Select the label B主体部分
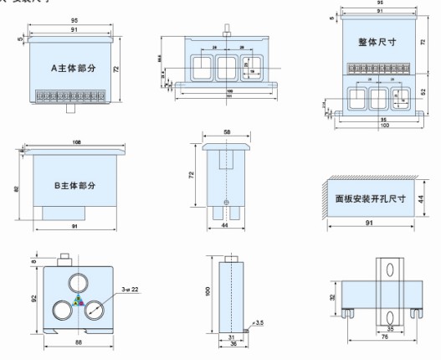(68, 184)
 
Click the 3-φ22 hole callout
(130, 289)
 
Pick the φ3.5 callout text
(260, 321)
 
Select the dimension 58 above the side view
(227, 131)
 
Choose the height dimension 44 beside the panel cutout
(423, 198)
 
